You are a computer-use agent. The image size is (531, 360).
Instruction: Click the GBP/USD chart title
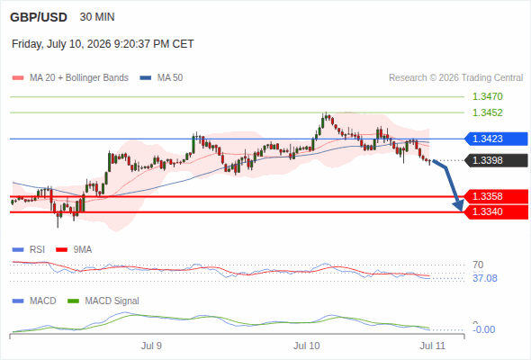(x=39, y=17)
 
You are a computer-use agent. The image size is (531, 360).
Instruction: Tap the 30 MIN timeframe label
(x=97, y=17)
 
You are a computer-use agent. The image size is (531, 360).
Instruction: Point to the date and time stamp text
(x=103, y=44)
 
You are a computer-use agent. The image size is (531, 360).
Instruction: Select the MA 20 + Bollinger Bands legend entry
(x=70, y=78)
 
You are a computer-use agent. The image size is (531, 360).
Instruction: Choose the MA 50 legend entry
(x=161, y=78)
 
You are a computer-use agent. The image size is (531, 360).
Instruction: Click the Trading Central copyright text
(x=455, y=78)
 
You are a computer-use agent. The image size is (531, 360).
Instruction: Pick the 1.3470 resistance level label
(x=487, y=96)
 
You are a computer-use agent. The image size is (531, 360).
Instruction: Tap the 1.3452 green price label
(x=487, y=112)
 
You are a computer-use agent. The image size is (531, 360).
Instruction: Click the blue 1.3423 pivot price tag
(x=496, y=139)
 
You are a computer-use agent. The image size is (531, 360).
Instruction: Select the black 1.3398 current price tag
(x=496, y=160)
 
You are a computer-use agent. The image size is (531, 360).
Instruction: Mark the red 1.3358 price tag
(x=496, y=196)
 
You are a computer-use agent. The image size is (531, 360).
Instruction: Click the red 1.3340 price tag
(x=496, y=212)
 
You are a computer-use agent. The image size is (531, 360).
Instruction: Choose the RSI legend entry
(x=29, y=249)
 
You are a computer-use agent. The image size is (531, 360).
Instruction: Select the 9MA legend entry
(x=74, y=249)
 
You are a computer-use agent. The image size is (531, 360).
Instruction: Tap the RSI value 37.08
(x=485, y=278)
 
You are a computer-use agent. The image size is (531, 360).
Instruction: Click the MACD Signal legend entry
(x=103, y=301)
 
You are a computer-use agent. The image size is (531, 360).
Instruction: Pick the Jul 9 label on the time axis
(x=151, y=346)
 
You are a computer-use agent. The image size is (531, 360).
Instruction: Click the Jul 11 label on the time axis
(x=433, y=346)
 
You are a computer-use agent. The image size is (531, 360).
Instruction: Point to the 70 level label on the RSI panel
(x=478, y=265)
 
